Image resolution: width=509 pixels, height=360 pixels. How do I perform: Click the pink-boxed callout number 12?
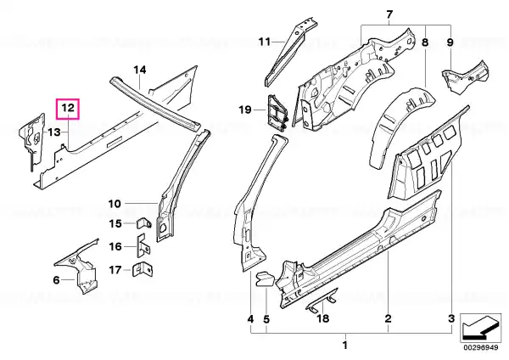click(68, 108)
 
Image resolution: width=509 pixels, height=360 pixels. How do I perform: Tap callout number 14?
click(140, 70)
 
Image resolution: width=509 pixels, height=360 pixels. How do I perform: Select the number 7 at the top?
click(389, 14)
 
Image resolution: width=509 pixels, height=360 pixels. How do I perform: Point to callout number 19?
click(245, 110)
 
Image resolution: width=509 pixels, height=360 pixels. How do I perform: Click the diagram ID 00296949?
click(480, 347)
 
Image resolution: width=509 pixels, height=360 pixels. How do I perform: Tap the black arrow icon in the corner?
click(480, 328)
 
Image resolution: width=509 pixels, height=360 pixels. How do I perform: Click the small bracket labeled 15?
click(144, 223)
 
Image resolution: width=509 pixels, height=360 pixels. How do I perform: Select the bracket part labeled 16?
click(144, 246)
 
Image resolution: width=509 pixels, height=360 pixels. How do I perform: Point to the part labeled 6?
click(79, 267)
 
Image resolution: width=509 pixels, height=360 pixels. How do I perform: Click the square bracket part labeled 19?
click(277, 112)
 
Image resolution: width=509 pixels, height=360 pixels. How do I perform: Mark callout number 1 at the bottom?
click(344, 345)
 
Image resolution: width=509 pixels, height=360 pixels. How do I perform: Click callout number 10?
click(115, 204)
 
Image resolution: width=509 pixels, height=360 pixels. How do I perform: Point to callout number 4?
click(250, 319)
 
